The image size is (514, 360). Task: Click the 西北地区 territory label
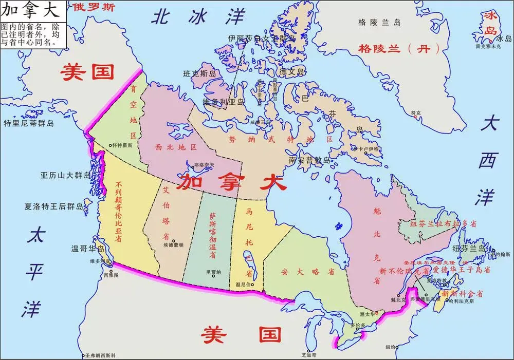coord(176,147)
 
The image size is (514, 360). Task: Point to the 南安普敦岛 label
coord(308,160)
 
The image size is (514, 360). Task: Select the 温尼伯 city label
coord(244,285)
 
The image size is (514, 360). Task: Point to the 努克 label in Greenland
coord(415,112)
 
